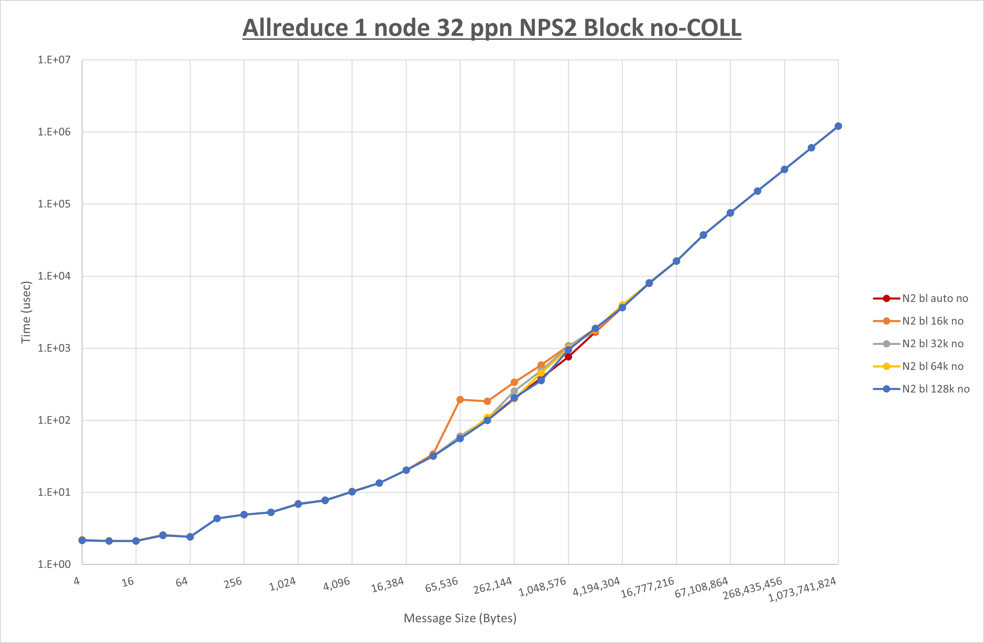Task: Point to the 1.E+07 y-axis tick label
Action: tap(54, 60)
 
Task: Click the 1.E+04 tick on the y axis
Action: tap(54, 276)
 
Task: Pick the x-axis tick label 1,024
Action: tap(283, 584)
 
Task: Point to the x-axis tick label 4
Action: tap(77, 581)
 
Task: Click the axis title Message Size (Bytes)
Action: tap(460, 618)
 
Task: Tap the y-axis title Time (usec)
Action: tap(26, 312)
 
